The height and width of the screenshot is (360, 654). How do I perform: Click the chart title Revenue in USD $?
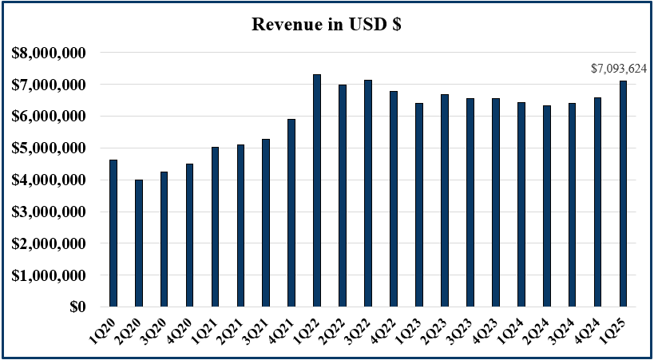(327, 24)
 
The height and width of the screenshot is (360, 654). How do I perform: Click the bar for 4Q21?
(291, 212)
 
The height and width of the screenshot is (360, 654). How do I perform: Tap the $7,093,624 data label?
(618, 69)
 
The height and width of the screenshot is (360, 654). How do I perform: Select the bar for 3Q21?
(266, 223)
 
